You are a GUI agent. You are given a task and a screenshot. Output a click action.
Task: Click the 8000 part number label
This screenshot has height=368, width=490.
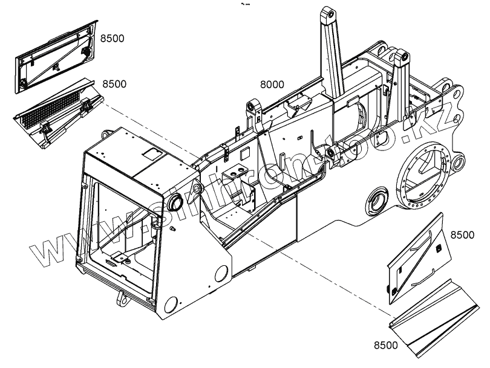[x=272, y=85]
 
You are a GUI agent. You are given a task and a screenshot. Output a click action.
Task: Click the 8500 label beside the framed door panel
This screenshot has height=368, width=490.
[x=112, y=39]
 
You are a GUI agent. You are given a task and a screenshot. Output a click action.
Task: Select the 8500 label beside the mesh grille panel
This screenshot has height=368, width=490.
[x=114, y=83]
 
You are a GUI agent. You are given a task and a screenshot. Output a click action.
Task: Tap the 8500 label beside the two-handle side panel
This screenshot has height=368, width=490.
[x=462, y=235]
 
